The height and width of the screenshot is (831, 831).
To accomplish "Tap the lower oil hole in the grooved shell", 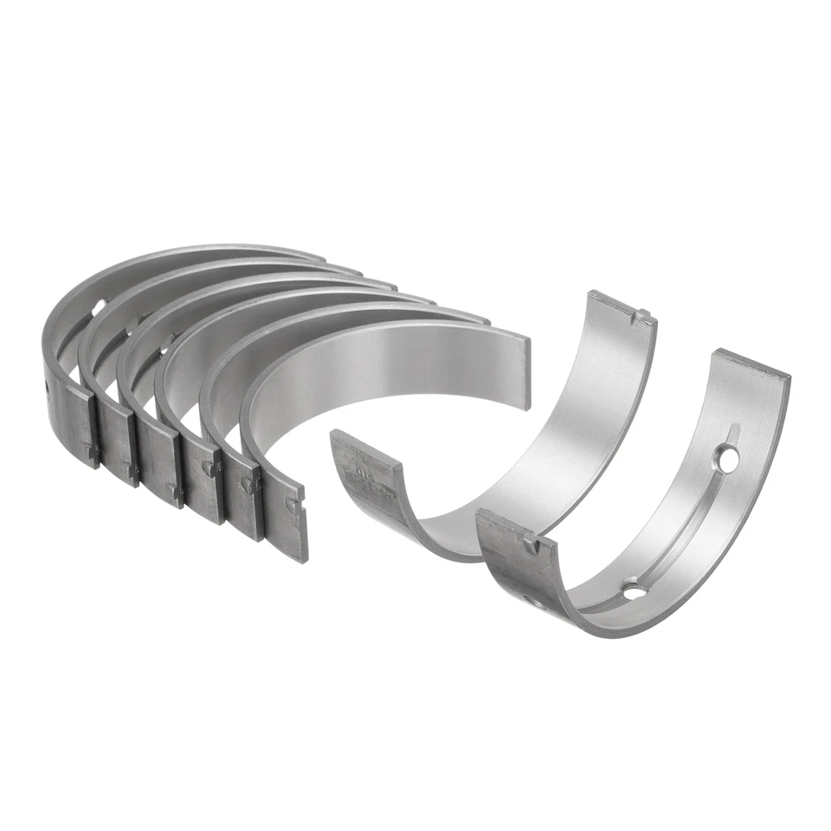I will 634,590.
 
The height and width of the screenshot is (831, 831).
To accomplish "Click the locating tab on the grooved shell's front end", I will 529,544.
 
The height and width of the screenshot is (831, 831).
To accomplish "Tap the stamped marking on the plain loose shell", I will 368,476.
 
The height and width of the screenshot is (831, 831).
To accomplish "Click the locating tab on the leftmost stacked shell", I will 90,449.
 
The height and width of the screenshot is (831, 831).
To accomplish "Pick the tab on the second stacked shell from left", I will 132,469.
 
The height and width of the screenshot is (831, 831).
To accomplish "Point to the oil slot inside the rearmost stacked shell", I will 98,306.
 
